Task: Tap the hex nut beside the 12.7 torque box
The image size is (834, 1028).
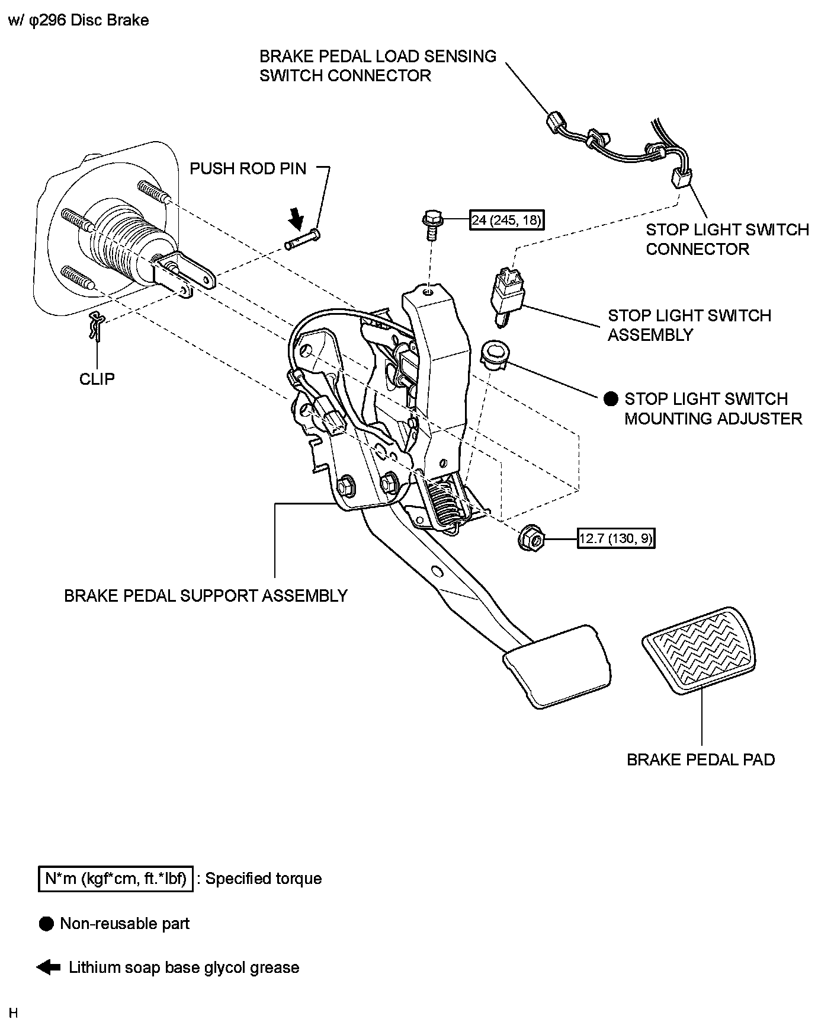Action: (x=531, y=539)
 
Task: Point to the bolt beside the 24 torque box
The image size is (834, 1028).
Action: (x=431, y=224)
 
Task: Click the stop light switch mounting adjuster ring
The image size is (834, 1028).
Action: (x=492, y=354)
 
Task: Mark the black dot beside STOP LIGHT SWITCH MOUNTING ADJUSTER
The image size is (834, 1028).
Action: (x=611, y=399)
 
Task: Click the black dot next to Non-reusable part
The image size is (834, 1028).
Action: (x=46, y=924)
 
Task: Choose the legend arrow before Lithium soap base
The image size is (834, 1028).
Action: (x=48, y=968)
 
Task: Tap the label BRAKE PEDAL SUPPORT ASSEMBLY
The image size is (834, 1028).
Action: (x=206, y=595)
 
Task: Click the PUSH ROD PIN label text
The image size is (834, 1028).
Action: (x=248, y=168)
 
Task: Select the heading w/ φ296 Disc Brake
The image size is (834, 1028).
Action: (x=78, y=20)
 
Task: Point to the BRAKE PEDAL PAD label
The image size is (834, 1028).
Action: (x=701, y=759)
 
